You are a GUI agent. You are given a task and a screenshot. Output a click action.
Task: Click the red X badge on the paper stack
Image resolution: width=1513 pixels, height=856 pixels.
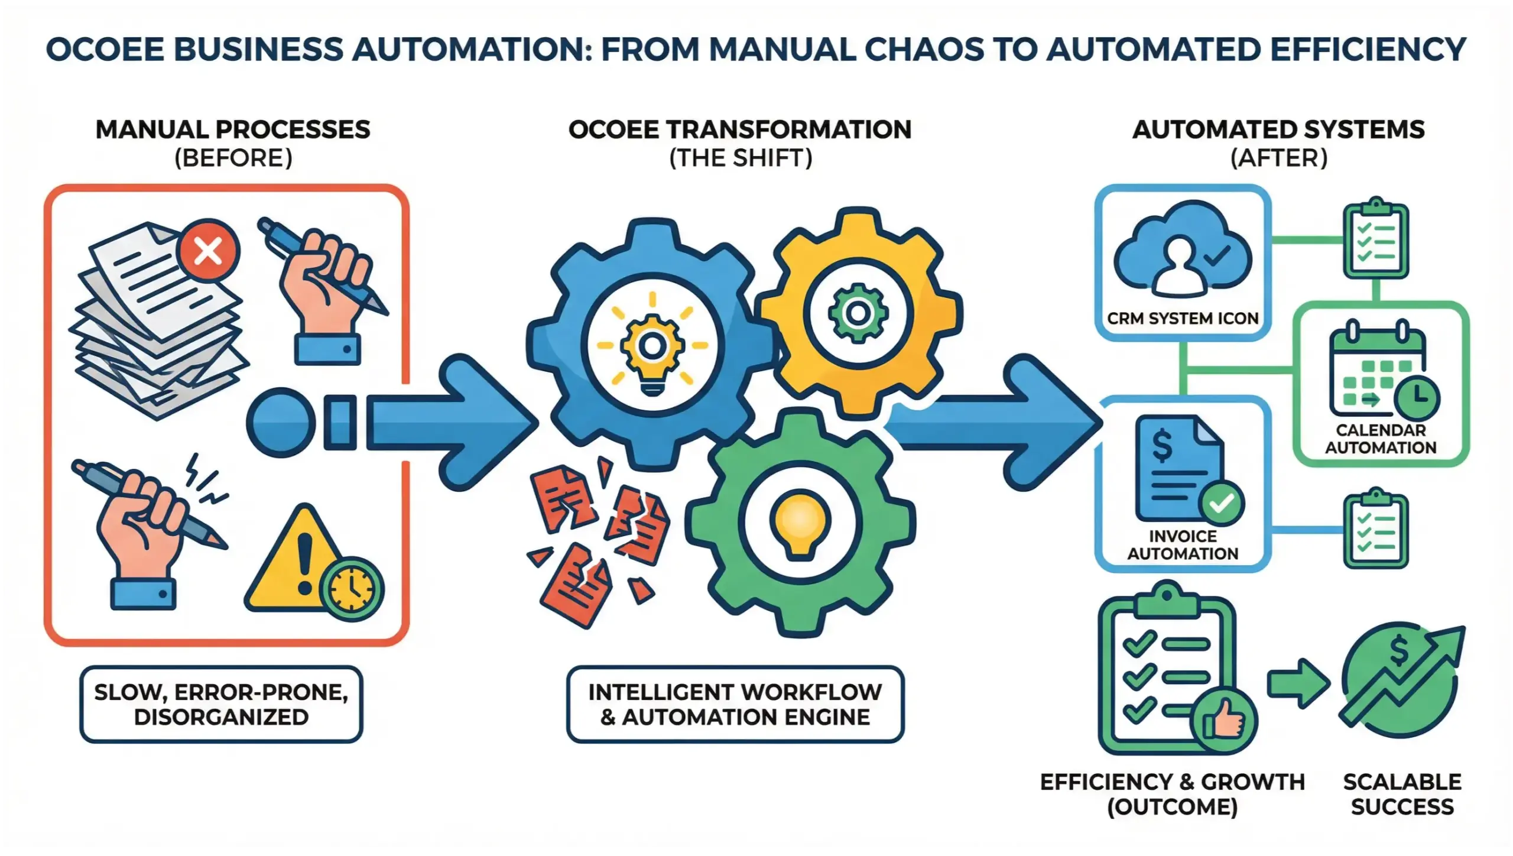pyautogui.click(x=209, y=251)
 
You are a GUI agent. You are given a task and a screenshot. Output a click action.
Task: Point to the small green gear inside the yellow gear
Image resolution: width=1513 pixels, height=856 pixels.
pyautogui.click(x=857, y=313)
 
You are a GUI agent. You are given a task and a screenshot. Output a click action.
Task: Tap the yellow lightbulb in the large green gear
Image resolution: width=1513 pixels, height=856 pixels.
pyautogui.click(x=799, y=523)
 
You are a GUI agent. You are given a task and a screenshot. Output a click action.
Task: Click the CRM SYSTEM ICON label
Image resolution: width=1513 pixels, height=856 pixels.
pyautogui.click(x=1183, y=319)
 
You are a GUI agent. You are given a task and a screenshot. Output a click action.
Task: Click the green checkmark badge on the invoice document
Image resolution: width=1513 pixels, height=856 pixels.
pyautogui.click(x=1221, y=504)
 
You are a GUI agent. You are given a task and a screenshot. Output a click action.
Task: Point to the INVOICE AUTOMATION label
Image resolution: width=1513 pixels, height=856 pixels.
pyautogui.click(x=1183, y=545)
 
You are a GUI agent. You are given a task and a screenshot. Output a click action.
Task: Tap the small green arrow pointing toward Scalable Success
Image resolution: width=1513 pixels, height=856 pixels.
pyautogui.click(x=1298, y=683)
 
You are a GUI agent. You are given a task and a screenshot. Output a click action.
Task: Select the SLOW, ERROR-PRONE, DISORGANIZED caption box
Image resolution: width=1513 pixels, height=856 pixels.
pyautogui.click(x=221, y=704)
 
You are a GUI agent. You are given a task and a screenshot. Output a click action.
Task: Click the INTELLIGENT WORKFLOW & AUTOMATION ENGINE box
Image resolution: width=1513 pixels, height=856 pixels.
pyautogui.click(x=735, y=704)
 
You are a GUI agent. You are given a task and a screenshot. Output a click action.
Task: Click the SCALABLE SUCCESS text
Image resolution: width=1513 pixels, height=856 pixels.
pyautogui.click(x=1402, y=794)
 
